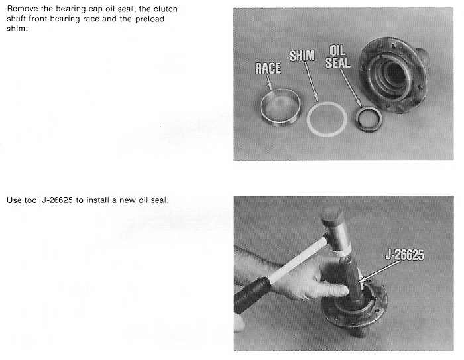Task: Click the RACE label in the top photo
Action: click(x=268, y=68)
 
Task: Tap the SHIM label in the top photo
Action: click(x=302, y=56)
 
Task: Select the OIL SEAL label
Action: click(x=337, y=56)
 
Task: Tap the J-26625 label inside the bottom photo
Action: click(x=404, y=255)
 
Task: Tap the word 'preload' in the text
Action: click(x=150, y=19)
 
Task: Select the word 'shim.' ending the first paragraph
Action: click(x=17, y=29)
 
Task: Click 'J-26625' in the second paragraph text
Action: click(x=58, y=200)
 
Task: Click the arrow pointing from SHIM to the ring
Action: click(x=311, y=82)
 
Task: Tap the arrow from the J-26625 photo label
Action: click(x=380, y=271)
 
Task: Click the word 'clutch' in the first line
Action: click(x=166, y=9)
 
